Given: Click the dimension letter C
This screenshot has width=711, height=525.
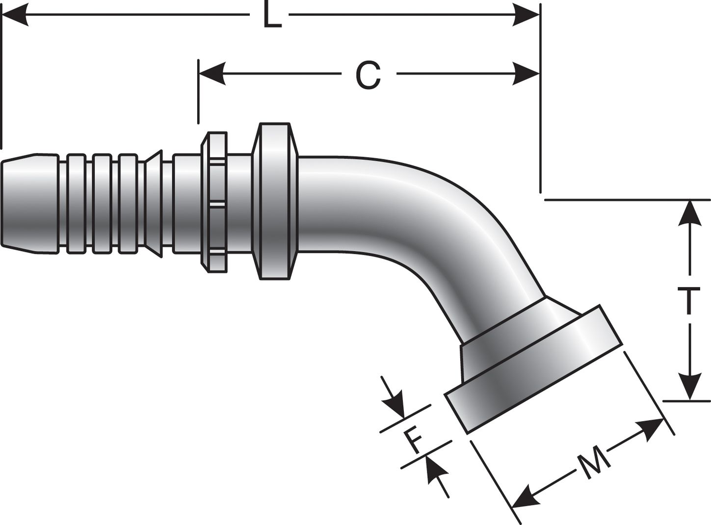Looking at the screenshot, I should coord(368,75).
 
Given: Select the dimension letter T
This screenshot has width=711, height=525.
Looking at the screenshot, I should coord(691,301).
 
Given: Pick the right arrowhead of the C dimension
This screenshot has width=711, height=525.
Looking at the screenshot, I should coord(527,74).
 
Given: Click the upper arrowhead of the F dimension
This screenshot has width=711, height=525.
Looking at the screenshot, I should coord(395,404).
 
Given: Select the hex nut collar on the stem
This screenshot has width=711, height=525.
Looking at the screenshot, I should coord(214,201).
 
